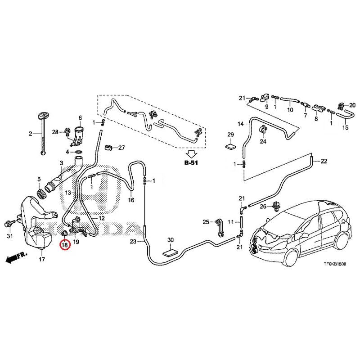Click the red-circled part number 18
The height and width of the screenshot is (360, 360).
64,245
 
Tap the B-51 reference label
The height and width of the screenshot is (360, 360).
191,163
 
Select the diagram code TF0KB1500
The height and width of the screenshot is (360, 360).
335,264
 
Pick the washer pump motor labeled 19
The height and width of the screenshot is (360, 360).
77,226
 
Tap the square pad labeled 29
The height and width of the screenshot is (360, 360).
230,146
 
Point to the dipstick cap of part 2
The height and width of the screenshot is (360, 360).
42,116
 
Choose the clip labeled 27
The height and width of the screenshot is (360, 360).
108,148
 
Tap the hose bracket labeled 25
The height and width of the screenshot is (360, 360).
220,227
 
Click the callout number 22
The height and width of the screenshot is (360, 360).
324,161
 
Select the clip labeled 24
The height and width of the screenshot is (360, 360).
263,129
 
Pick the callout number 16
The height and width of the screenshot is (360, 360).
131,200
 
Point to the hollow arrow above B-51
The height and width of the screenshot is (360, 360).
191,153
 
